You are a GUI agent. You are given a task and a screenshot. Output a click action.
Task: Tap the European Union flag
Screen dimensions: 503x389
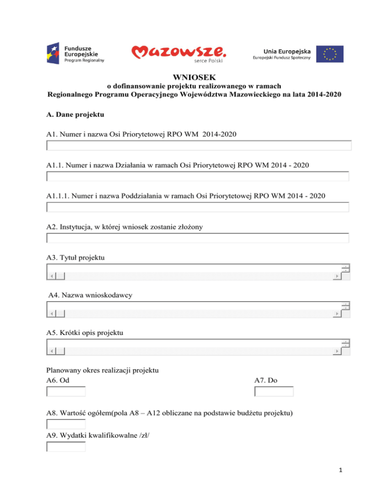(x=330, y=53)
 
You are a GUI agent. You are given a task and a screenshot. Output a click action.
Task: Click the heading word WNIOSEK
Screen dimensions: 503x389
(x=194, y=78)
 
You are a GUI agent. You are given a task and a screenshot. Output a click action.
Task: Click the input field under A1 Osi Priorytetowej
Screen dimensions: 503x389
(x=198, y=146)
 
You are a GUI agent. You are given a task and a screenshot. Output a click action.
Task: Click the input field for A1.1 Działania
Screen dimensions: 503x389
(x=198, y=177)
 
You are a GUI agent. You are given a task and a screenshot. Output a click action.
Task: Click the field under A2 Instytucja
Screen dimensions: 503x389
(x=198, y=238)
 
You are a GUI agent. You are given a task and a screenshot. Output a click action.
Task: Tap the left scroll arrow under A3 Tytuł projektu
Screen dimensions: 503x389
(x=51, y=276)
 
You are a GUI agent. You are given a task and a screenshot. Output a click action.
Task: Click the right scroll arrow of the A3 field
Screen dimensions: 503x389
(x=336, y=276)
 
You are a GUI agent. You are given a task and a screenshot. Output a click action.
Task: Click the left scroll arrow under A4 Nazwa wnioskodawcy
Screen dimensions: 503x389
(x=51, y=314)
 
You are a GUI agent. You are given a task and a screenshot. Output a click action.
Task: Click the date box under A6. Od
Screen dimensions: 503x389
(x=66, y=392)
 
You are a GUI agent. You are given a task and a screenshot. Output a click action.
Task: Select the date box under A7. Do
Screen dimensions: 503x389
(x=274, y=392)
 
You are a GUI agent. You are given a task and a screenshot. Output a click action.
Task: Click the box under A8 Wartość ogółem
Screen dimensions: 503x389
(x=66, y=424)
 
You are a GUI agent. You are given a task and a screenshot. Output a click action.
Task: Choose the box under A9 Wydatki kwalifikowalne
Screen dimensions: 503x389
(x=66, y=447)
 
